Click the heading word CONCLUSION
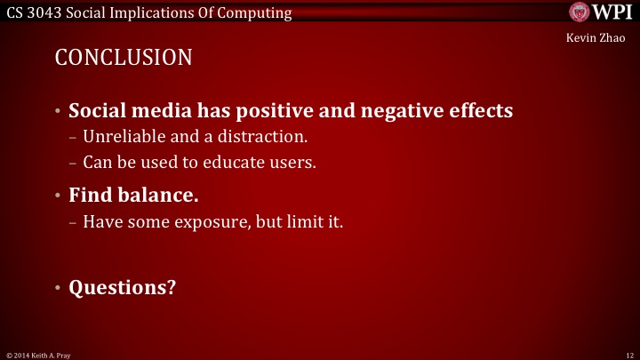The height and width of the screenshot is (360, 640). click(124, 59)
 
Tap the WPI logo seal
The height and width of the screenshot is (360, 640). click(580, 12)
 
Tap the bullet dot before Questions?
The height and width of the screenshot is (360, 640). click(57, 289)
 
